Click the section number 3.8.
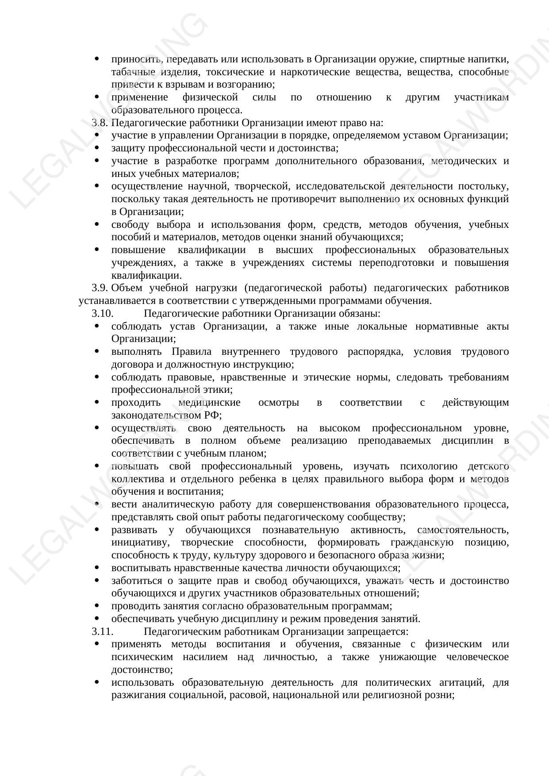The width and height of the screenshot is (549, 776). coord(100,123)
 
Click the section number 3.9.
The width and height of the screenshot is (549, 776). coord(100,288)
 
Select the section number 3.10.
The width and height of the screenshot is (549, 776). coord(102,314)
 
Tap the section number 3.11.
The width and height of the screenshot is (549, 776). coord(102,631)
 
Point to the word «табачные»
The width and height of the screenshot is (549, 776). coord(130,72)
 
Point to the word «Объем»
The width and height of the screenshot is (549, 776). coord(127,288)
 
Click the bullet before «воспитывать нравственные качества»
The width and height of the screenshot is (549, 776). coord(97,568)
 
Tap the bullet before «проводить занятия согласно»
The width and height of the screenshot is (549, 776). coord(97,606)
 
